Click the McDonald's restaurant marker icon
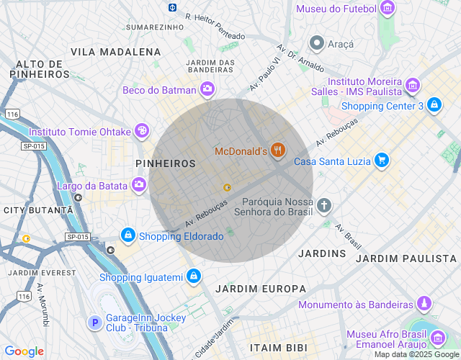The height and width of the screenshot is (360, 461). point(278,150)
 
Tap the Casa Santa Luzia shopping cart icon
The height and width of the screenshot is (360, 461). point(382,161)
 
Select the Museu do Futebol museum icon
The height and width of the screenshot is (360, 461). point(388,9)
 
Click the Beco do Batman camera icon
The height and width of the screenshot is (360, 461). point(207,89)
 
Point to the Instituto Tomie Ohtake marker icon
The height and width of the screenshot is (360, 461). point(142,131)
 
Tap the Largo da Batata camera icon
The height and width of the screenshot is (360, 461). point(138,185)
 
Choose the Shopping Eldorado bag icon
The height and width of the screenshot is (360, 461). point(127,235)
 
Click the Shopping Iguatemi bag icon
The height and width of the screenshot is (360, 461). point(193,276)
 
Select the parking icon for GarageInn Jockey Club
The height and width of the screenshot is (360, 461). point(94,323)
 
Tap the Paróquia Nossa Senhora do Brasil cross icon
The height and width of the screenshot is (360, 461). point(324,206)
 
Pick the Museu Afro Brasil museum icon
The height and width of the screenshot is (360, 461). point(437,338)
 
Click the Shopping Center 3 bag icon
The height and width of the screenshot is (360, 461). point(434,106)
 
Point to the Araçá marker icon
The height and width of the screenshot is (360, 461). point(315,43)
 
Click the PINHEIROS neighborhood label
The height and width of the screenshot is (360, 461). point(166,163)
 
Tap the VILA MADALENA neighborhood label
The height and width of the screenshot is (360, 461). point(116,52)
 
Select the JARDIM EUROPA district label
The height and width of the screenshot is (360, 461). point(251,289)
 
